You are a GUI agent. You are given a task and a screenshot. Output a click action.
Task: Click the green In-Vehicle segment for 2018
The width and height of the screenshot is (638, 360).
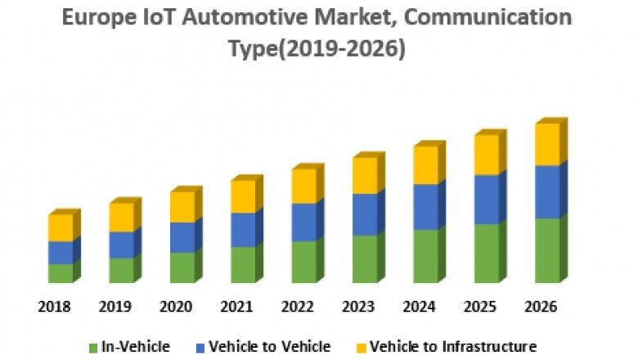pos(61,273)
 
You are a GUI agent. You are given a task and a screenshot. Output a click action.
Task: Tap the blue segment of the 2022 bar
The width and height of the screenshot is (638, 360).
pos(303,222)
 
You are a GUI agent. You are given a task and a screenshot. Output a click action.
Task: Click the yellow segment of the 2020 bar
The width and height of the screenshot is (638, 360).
pos(182,207)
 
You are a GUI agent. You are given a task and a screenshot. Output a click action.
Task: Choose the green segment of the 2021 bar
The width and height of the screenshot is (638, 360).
pos(243,264)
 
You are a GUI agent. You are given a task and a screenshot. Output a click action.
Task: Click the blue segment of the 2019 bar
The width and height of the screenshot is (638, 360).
pos(121,245)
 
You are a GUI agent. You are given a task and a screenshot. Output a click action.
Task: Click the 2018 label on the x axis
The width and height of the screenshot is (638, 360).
pos(54,307)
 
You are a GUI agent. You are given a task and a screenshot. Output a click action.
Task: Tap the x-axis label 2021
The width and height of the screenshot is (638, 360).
pos(237,307)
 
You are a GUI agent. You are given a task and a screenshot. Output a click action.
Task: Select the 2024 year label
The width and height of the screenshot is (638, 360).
pos(419,307)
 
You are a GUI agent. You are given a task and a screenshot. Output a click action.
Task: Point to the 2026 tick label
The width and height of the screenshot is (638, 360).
pos(541,307)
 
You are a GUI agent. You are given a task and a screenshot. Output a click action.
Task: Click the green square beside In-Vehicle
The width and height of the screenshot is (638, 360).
pos(94,347)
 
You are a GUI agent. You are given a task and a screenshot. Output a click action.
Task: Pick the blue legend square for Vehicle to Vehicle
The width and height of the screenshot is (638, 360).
pos(200,347)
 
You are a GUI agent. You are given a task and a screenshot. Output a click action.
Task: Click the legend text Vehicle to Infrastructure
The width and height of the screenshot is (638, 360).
pos(452,346)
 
